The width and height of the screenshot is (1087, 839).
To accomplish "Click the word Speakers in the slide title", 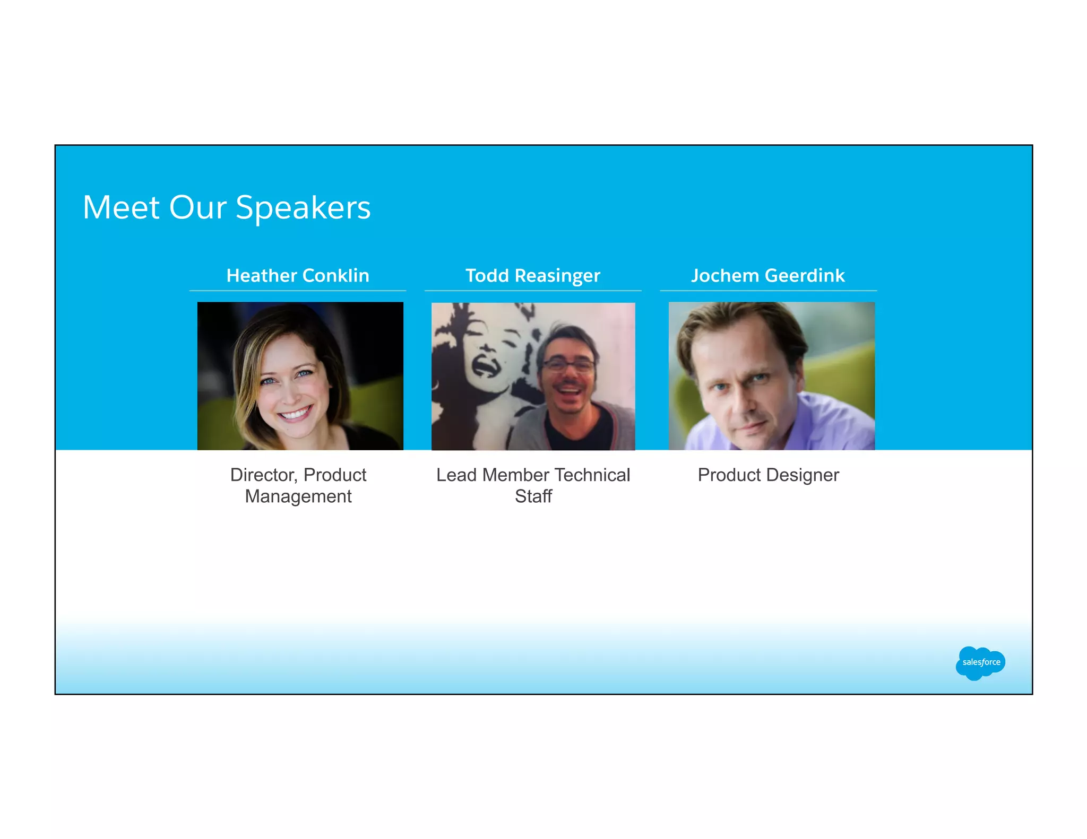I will (303, 207).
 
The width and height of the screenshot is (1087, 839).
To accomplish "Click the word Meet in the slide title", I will (121, 207).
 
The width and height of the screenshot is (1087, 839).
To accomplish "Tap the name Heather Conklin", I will (298, 275).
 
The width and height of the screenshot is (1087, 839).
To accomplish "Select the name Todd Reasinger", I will (533, 275).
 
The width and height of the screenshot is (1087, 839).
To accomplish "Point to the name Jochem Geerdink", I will (768, 275).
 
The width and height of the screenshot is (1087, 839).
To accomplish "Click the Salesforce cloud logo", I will (980, 662).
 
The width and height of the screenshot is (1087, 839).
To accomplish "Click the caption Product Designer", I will (768, 475).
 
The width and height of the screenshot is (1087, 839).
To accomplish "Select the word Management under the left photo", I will (298, 496).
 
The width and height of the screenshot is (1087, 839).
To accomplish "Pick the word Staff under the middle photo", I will (533, 496).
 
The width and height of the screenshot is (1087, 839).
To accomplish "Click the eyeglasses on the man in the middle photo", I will (568, 365).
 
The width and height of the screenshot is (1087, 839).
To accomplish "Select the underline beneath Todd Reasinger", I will (533, 291).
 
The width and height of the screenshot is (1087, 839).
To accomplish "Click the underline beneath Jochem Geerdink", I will (768, 291).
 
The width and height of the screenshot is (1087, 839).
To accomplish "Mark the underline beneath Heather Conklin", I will (298, 291).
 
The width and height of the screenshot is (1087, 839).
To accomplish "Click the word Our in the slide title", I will (197, 207).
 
